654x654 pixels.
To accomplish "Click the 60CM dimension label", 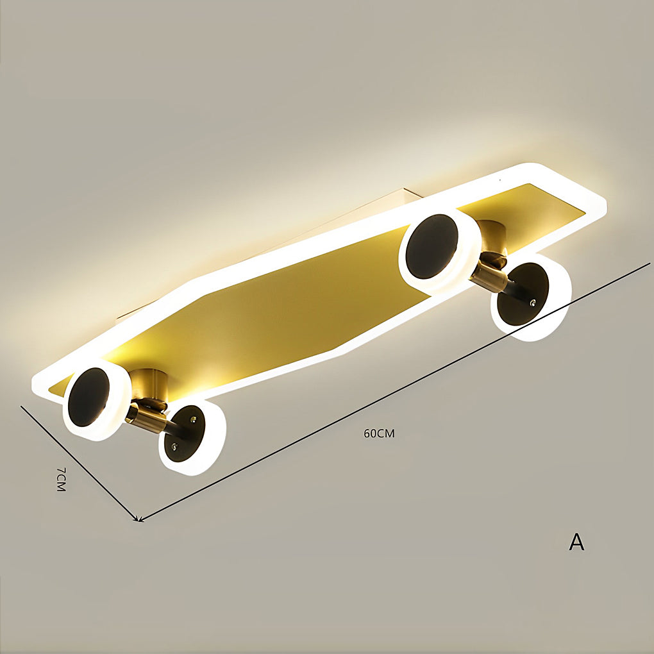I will [x=379, y=433].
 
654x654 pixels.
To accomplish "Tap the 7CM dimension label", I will [x=61, y=479].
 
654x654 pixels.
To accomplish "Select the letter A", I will [x=576, y=542].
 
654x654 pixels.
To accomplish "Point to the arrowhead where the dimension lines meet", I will [x=138, y=519].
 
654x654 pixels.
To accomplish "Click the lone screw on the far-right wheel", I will [x=533, y=301].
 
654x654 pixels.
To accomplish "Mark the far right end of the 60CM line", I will [x=649, y=262].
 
